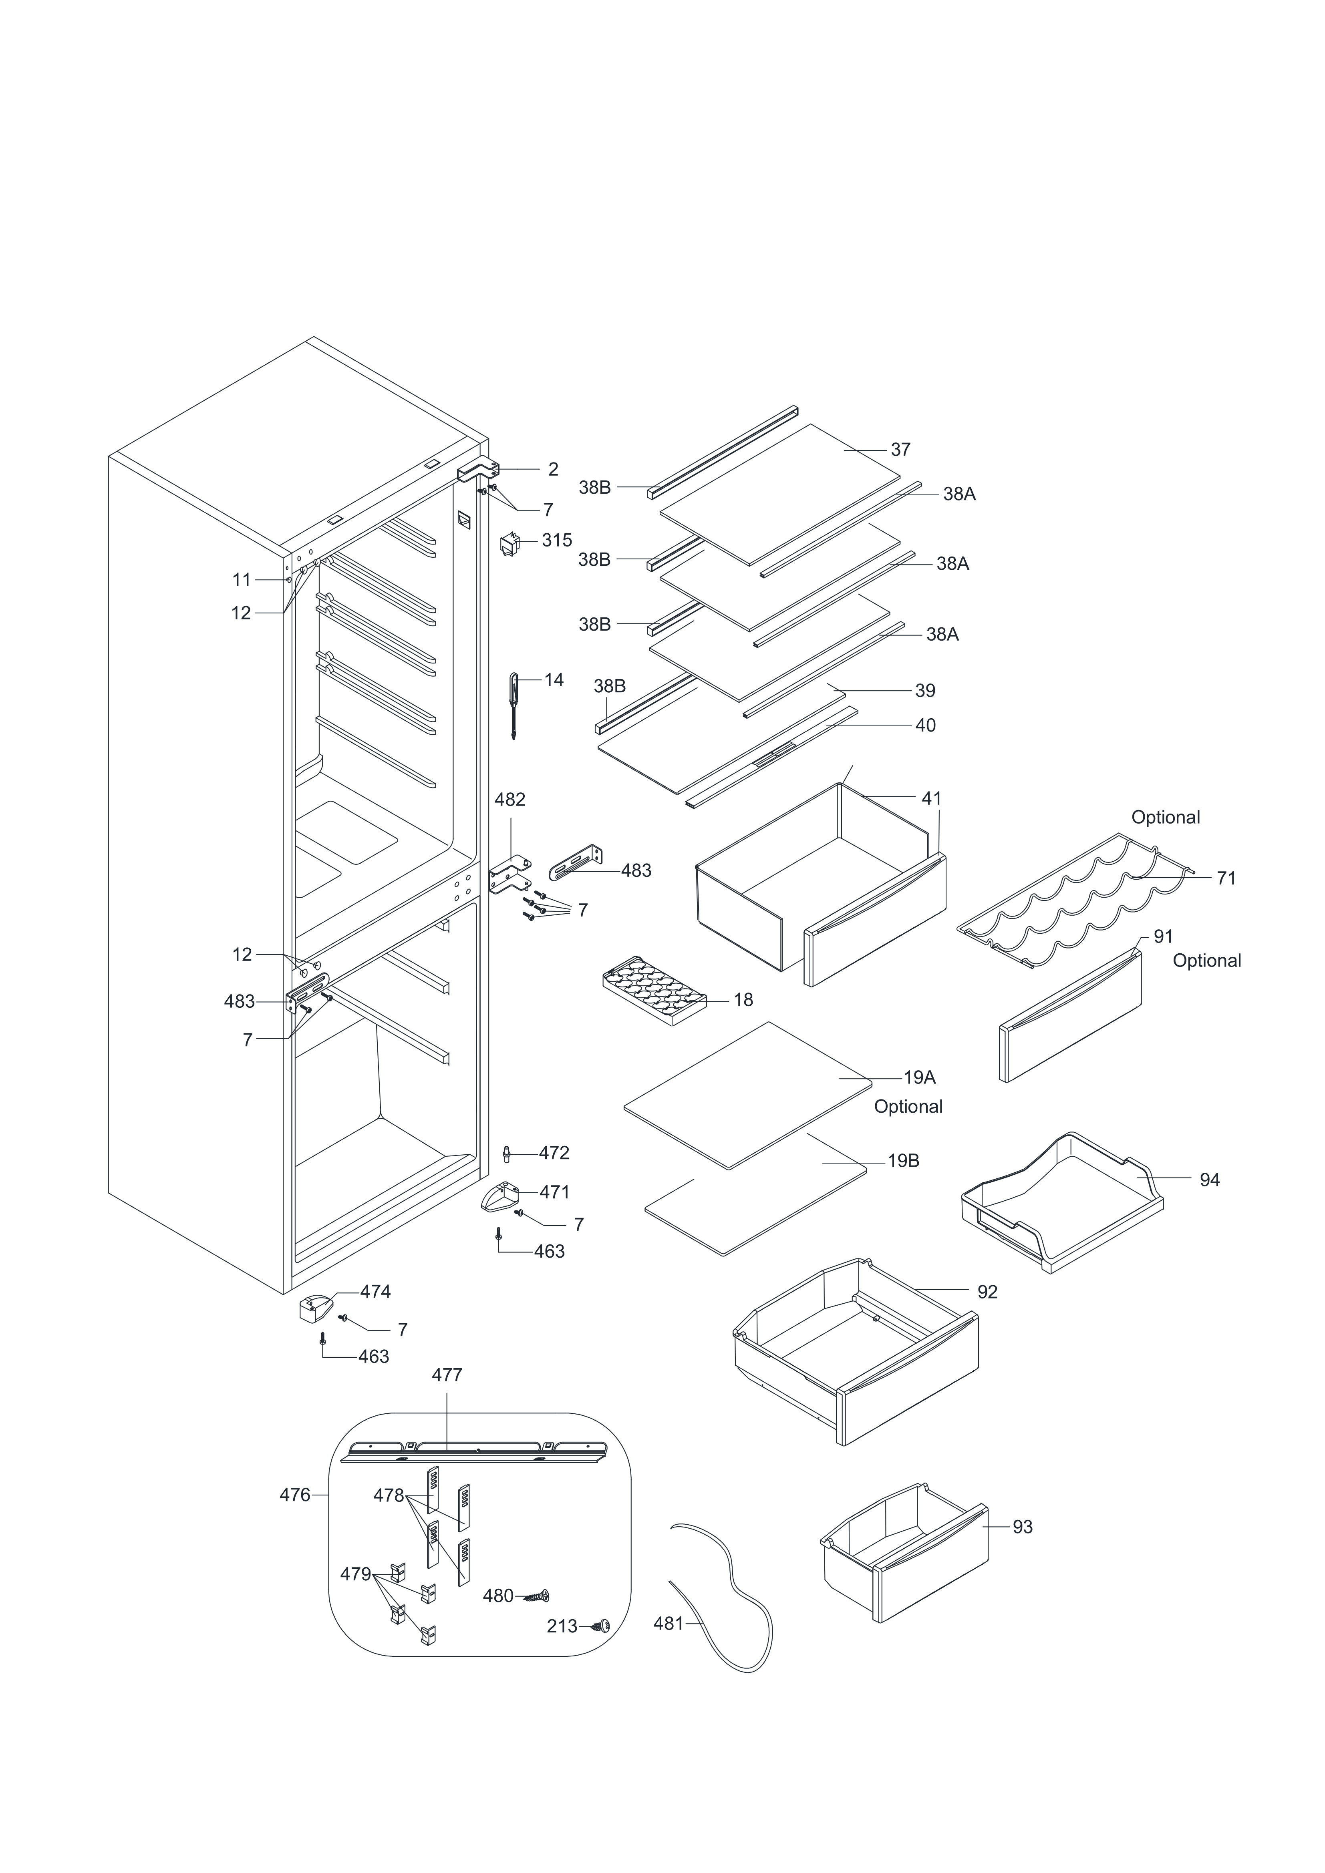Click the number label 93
1022,1526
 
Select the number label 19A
920,1077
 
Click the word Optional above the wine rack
1165,818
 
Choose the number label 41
931,799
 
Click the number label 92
987,1291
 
